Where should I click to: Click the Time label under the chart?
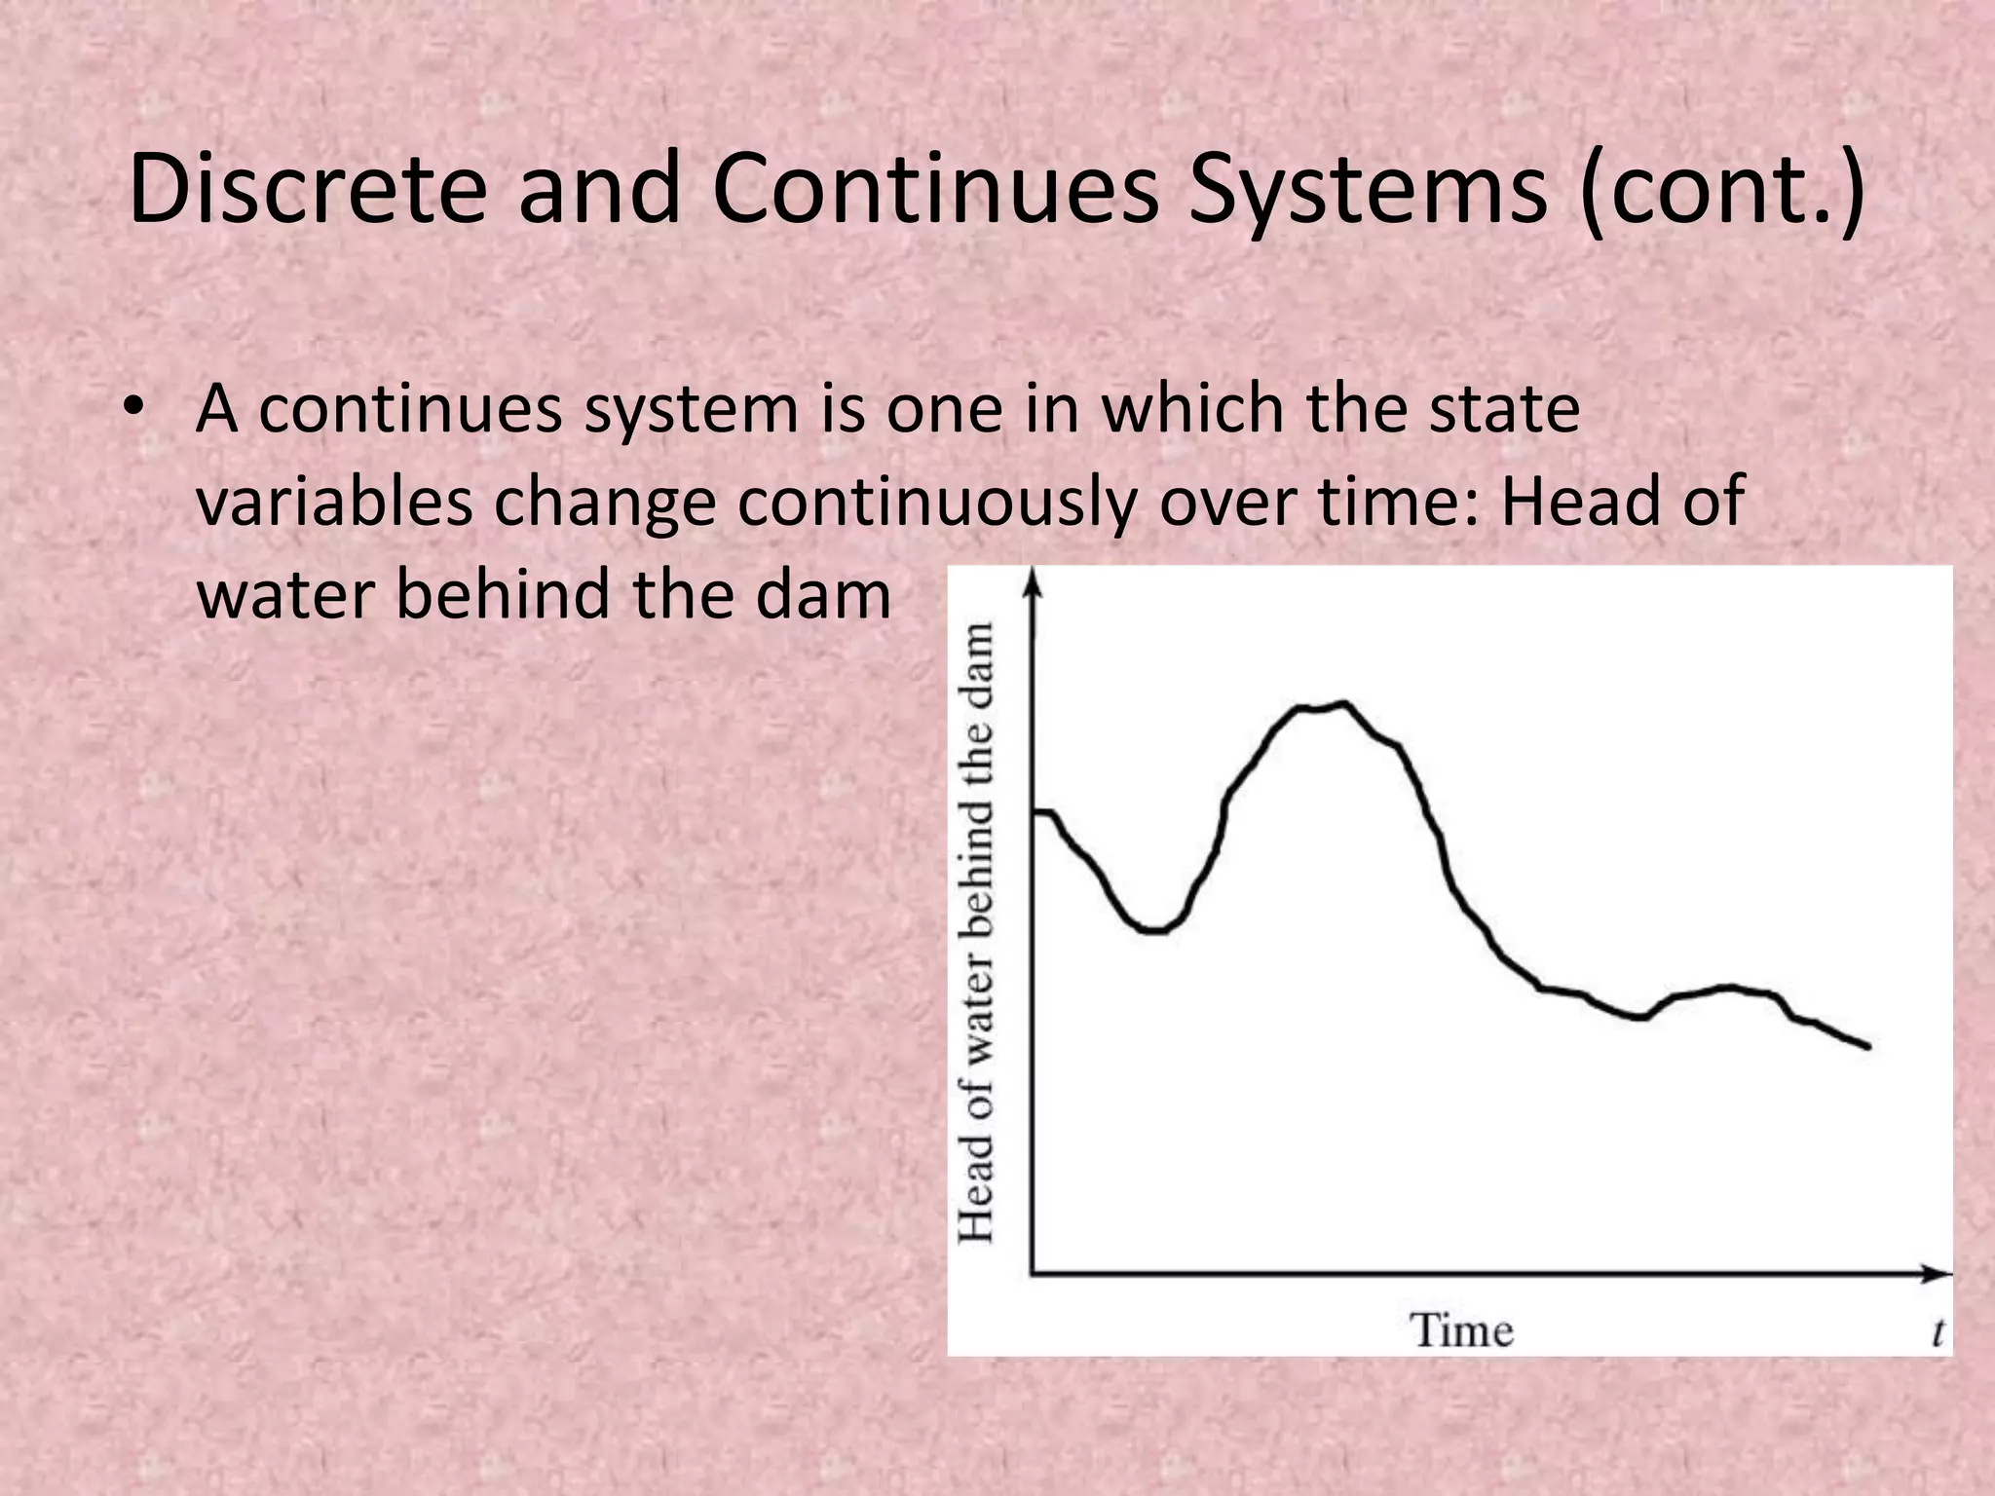click(x=1462, y=1330)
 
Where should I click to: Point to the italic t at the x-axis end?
click(x=1938, y=1332)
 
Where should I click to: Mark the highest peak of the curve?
click(x=1344, y=703)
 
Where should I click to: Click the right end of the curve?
click(x=1868, y=1047)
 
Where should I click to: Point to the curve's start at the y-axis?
click(x=1038, y=811)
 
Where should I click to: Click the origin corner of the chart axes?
click(x=1033, y=1272)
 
